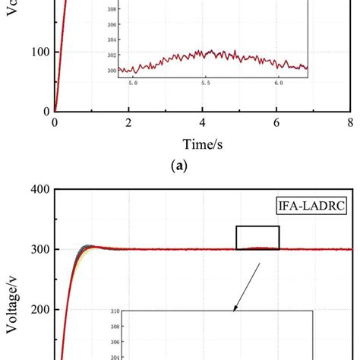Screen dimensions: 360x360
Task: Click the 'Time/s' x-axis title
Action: tap(202, 144)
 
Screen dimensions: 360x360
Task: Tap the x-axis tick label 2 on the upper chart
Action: tap(128, 123)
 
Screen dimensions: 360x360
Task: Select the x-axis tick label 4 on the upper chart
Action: tap(202, 123)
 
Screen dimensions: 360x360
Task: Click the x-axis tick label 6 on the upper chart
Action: tap(276, 123)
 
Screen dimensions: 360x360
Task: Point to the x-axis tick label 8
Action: tap(349, 123)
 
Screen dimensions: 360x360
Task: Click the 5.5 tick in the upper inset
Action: tap(206, 83)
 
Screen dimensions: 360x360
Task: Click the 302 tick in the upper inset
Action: tap(112, 55)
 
